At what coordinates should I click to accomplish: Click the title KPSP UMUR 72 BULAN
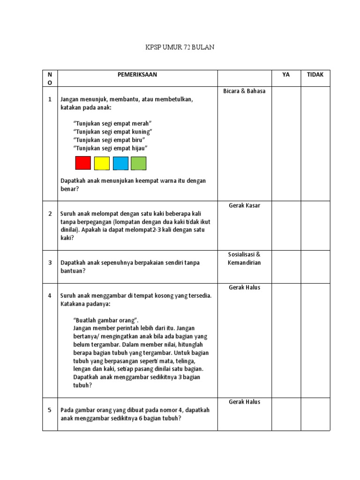click(x=180, y=48)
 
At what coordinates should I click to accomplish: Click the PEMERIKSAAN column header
click(x=137, y=75)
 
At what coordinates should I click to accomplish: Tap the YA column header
click(x=286, y=75)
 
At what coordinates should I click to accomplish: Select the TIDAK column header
click(x=315, y=75)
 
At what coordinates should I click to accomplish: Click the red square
click(x=83, y=163)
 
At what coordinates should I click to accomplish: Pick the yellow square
click(x=102, y=163)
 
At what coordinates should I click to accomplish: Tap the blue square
click(x=120, y=163)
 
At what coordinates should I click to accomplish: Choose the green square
click(x=138, y=163)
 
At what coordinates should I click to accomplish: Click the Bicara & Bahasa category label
click(x=244, y=91)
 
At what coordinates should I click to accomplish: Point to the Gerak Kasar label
click(x=244, y=205)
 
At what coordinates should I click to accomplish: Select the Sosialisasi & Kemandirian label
click(x=244, y=258)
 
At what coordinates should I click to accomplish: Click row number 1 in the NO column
click(x=50, y=99)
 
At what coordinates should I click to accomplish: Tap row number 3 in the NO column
click(x=50, y=262)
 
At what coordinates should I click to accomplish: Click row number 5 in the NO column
click(x=50, y=410)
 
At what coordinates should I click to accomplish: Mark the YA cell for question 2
click(x=286, y=225)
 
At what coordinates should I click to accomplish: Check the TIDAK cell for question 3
click(x=315, y=267)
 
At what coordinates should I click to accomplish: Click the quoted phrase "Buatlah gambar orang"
click(x=106, y=320)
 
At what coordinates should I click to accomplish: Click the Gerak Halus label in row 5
click(x=244, y=402)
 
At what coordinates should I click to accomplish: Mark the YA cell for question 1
click(x=286, y=143)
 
